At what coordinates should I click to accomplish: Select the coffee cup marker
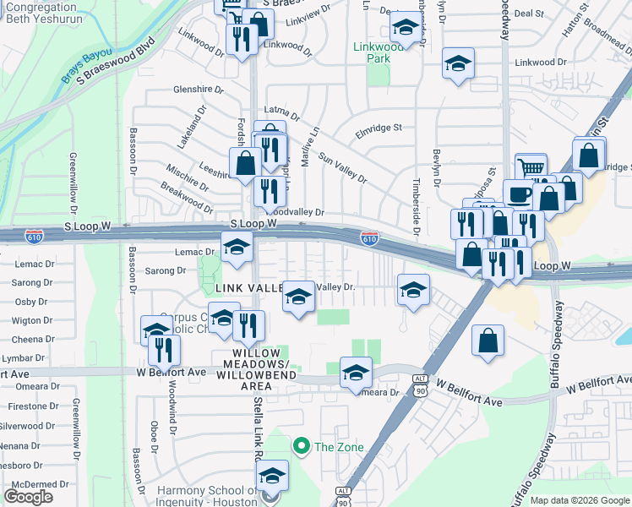pos(518,193)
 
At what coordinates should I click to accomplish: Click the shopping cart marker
pos(531,166)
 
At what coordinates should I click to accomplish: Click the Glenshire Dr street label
pos(198,90)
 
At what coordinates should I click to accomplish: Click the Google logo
pos(28,496)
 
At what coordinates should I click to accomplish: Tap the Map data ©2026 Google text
pos(580,500)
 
